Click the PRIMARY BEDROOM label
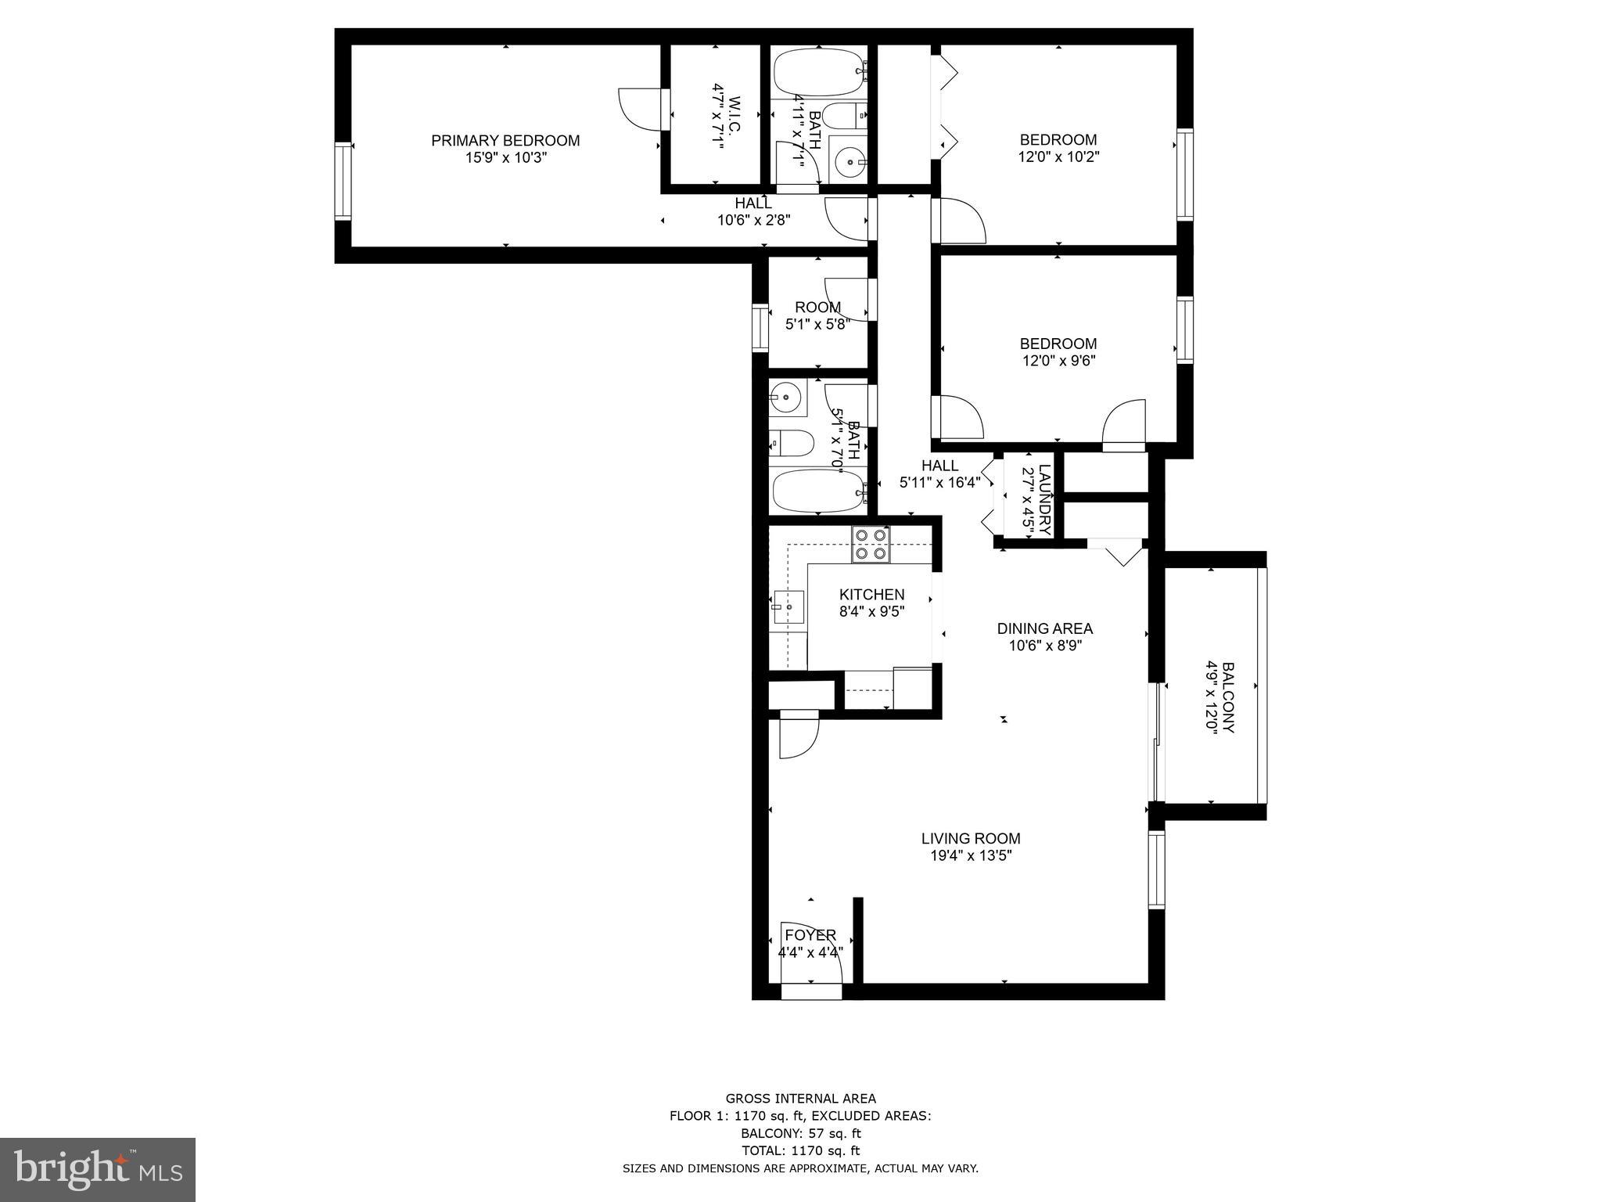[505, 141]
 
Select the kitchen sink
[788, 606]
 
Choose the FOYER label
[810, 935]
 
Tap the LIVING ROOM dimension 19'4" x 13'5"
[971, 855]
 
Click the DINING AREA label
[1044, 628]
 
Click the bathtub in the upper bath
[818, 73]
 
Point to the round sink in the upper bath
[849, 163]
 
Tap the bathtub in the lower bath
[818, 491]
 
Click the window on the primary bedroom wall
[343, 182]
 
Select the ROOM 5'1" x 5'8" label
[818, 308]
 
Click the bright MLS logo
[98, 1169]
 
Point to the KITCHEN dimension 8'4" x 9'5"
[871, 611]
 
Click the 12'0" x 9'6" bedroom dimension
[1058, 361]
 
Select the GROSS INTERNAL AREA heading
[800, 1099]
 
